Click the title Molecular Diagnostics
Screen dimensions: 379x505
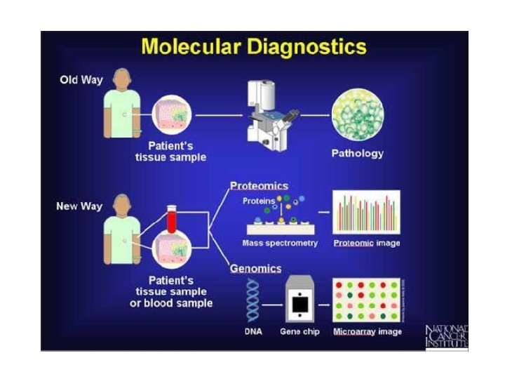tap(253, 48)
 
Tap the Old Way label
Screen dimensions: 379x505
tap(81, 80)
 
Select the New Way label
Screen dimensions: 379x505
tap(79, 206)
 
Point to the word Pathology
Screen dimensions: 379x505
tap(357, 154)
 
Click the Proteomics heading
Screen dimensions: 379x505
tap(259, 186)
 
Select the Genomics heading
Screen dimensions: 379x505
tap(256, 268)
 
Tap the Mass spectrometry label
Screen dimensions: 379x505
tap(280, 244)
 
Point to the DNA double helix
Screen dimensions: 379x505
tap(252, 300)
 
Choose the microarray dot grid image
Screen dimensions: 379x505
tap(365, 300)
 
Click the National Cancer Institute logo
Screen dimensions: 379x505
tap(446, 335)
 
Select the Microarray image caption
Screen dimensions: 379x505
tap(368, 331)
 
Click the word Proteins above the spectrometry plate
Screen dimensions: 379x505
tap(259, 201)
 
